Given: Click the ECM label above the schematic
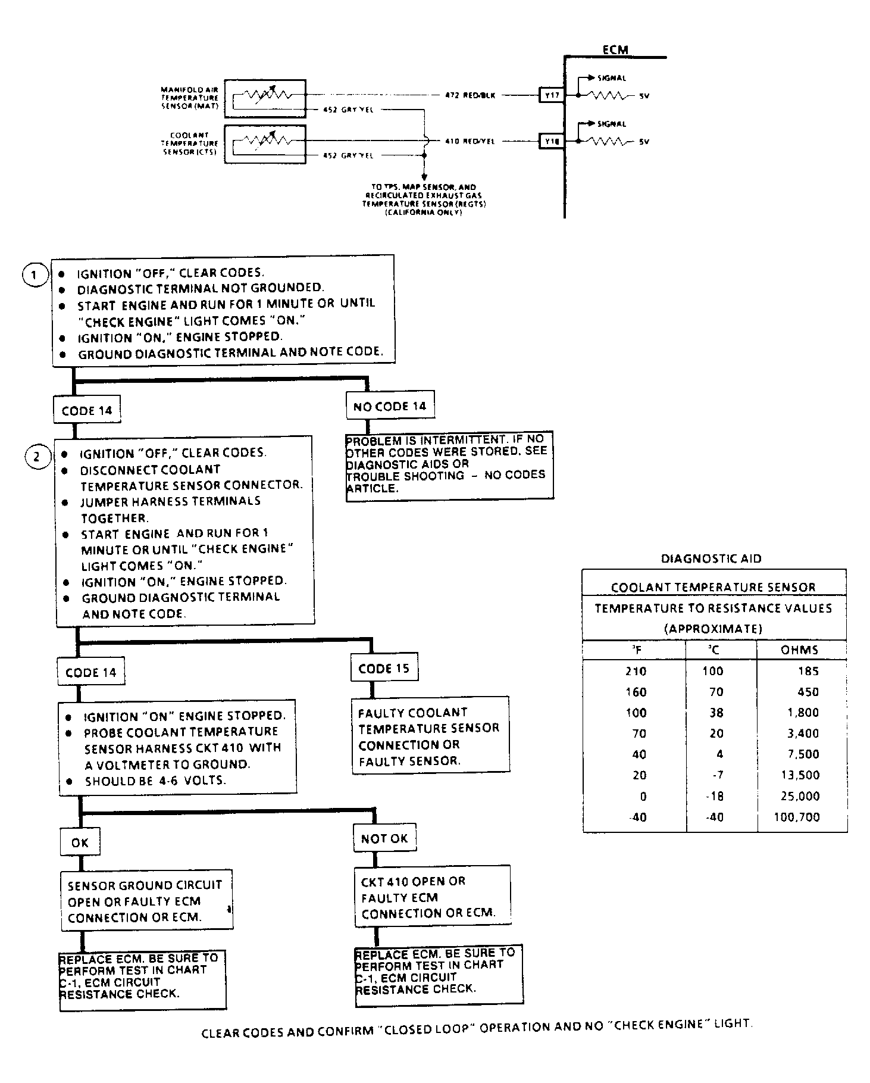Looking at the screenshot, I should pos(615,49).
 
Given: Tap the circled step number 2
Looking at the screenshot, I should pos(37,457).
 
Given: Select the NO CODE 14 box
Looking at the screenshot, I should pos(390,406).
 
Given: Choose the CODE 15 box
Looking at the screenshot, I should pos(384,668).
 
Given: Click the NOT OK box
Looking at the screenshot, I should pos(384,838).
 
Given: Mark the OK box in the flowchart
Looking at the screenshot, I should pos(80,842).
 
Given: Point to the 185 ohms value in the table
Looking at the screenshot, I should pos(808,671).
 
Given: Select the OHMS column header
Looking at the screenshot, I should pos(799,650).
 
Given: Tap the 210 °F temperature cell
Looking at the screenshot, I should pos(636,671).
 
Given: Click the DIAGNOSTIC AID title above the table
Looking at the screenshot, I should pos(711,558).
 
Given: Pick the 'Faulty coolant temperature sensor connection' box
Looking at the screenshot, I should pos(430,735).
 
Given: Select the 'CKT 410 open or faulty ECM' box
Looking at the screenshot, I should pos(432,897).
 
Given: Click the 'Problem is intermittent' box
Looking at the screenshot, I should pos(449,465).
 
